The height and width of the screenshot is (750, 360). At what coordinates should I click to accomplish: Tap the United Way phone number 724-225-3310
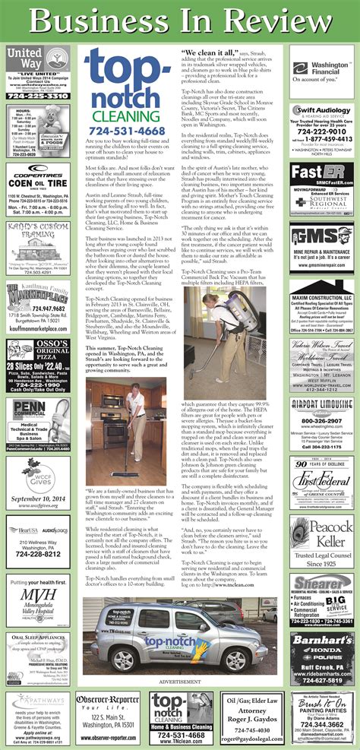pos(37,97)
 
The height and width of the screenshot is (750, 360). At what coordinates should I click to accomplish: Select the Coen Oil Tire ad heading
pos(37,182)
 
